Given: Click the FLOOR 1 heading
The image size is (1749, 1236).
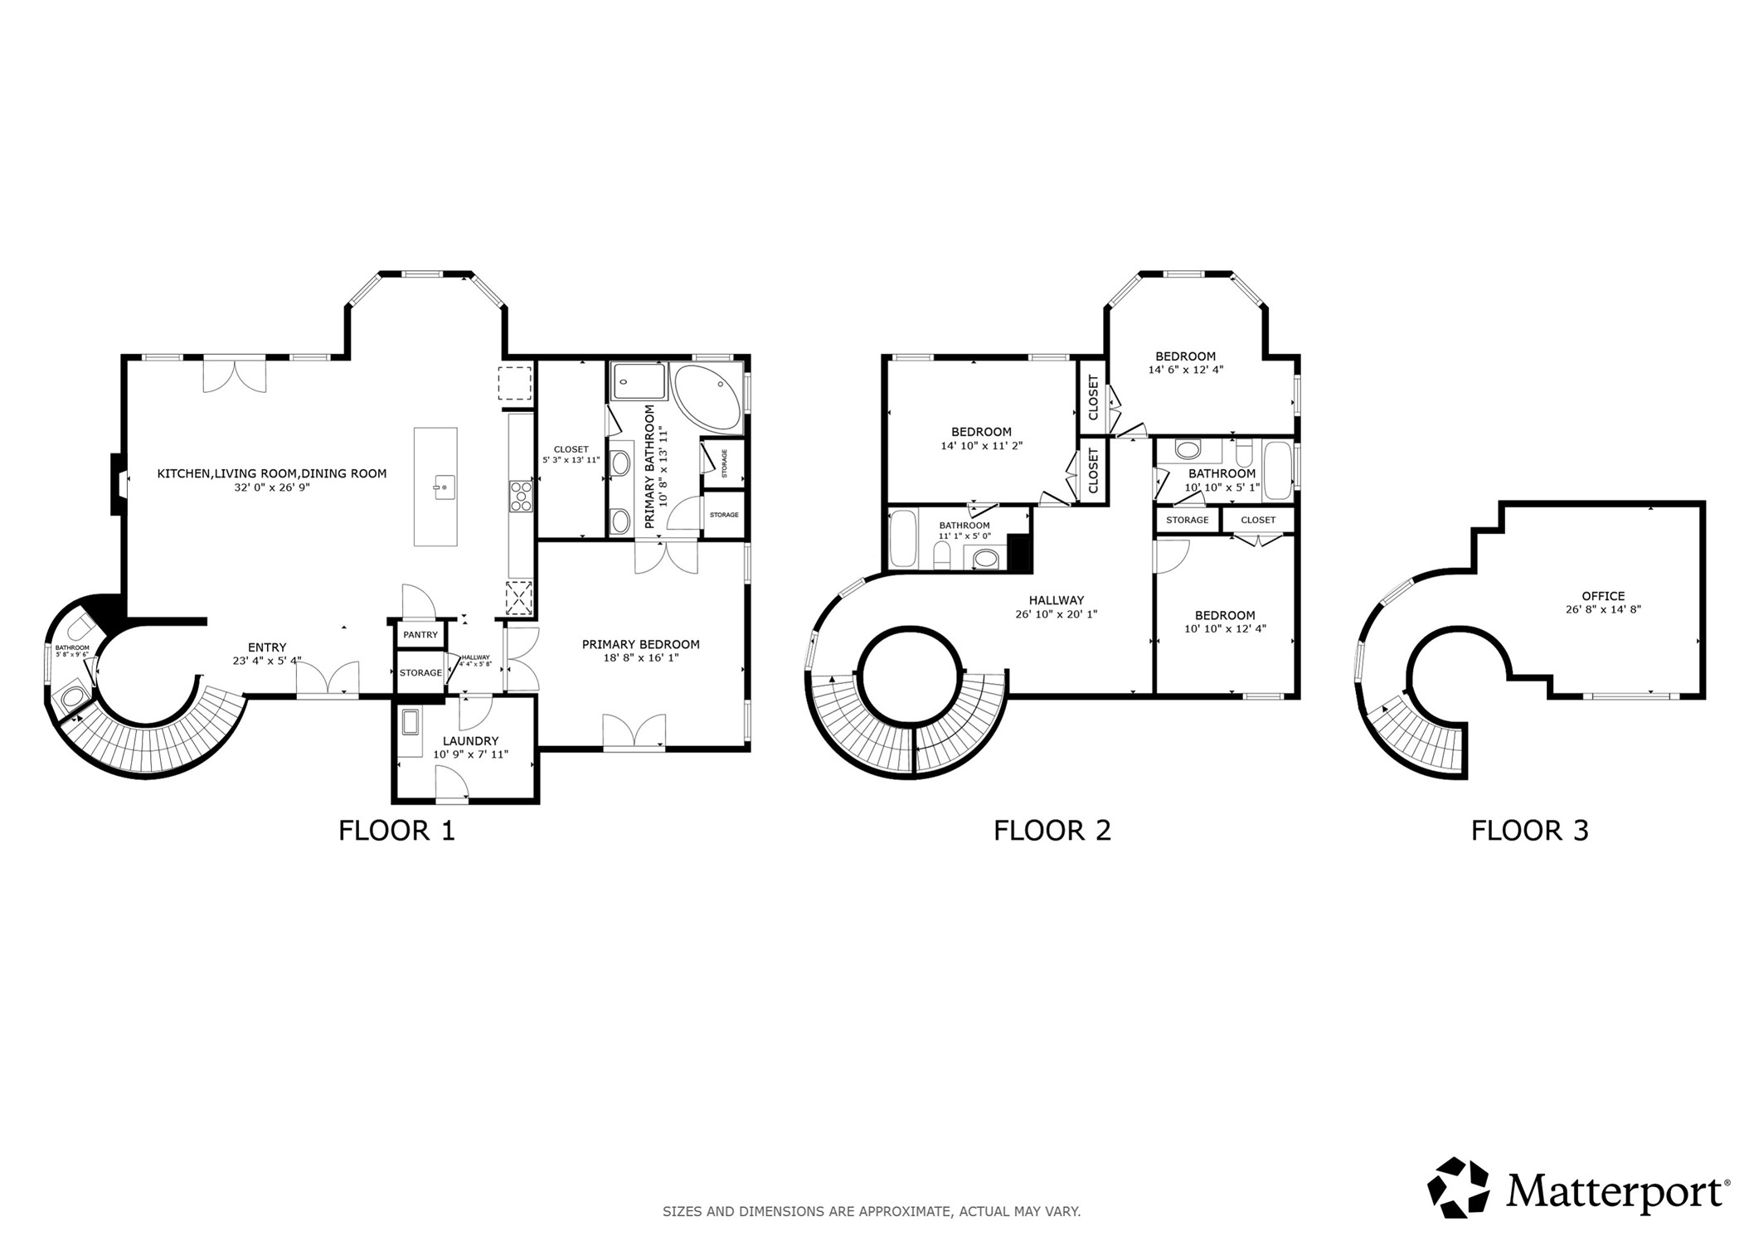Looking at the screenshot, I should tap(396, 830).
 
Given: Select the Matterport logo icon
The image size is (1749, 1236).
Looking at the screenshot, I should tap(1457, 1188).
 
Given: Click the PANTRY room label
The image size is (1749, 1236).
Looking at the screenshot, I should tap(420, 635).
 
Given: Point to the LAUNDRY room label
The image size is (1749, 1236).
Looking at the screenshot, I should tap(470, 740).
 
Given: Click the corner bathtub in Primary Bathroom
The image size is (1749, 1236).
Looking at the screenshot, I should tap(709, 399).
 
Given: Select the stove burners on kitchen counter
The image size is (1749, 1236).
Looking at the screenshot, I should tap(520, 496).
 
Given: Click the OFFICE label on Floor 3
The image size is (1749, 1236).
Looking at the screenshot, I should tap(1602, 596).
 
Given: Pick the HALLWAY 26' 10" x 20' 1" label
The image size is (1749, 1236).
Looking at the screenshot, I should tap(1056, 607).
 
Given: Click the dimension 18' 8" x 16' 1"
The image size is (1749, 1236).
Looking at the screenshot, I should tap(641, 657).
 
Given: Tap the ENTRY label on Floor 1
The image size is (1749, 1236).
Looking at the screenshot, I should tap(267, 647).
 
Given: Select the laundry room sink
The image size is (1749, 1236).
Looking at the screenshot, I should tap(411, 722).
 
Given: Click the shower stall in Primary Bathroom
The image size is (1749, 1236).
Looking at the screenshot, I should tap(639, 381).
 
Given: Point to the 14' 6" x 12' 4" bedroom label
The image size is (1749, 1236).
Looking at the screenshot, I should tap(1185, 370).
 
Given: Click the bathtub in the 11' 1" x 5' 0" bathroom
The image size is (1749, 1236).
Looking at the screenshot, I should tap(901, 540).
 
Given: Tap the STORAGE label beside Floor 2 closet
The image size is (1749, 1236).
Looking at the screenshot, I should tap(1187, 520).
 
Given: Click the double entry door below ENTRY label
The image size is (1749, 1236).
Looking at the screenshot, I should tap(328, 680).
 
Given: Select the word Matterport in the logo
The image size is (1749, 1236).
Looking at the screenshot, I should tap(1616, 1192).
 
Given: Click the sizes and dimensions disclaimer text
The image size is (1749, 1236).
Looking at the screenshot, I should tap(871, 1211).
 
